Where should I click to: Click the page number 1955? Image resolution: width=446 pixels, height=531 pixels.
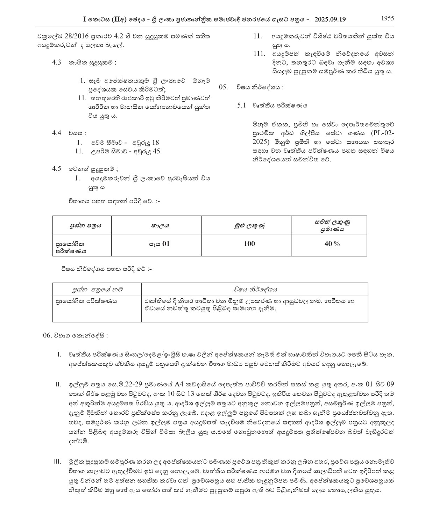pyautogui.click(x=387, y=18)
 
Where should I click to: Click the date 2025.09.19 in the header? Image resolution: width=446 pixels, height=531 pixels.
pyautogui.click(x=330, y=19)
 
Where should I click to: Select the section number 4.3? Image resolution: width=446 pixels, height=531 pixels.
pyautogui.click(x=57, y=62)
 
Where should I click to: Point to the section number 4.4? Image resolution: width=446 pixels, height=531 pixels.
pyautogui.click(x=57, y=133)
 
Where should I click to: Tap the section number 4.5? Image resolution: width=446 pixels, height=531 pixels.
pyautogui.click(x=57, y=169)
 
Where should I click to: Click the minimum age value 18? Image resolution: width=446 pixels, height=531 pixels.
pyautogui.click(x=156, y=142)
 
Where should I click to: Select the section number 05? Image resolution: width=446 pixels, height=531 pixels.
pyautogui.click(x=223, y=87)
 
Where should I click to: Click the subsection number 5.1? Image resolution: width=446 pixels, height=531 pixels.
pyautogui.click(x=242, y=105)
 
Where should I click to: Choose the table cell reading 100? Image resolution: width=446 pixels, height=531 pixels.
pyautogui.click(x=249, y=243)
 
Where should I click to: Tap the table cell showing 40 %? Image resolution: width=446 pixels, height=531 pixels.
pyautogui.click(x=332, y=243)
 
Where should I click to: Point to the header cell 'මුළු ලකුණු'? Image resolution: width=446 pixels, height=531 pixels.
pyautogui.click(x=249, y=225)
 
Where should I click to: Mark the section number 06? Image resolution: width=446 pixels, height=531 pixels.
pyautogui.click(x=47, y=335)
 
